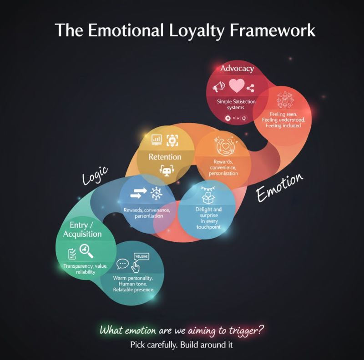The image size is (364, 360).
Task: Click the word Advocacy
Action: pos(237,69)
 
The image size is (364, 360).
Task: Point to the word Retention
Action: pos(165,157)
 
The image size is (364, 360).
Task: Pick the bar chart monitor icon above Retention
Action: pos(157,140)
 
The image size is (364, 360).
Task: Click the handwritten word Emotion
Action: pos(279,187)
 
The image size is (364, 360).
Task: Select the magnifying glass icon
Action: pos(86,250)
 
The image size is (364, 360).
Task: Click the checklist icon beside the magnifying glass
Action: pos(72,253)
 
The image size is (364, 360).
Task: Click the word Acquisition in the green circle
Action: pos(82,234)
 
